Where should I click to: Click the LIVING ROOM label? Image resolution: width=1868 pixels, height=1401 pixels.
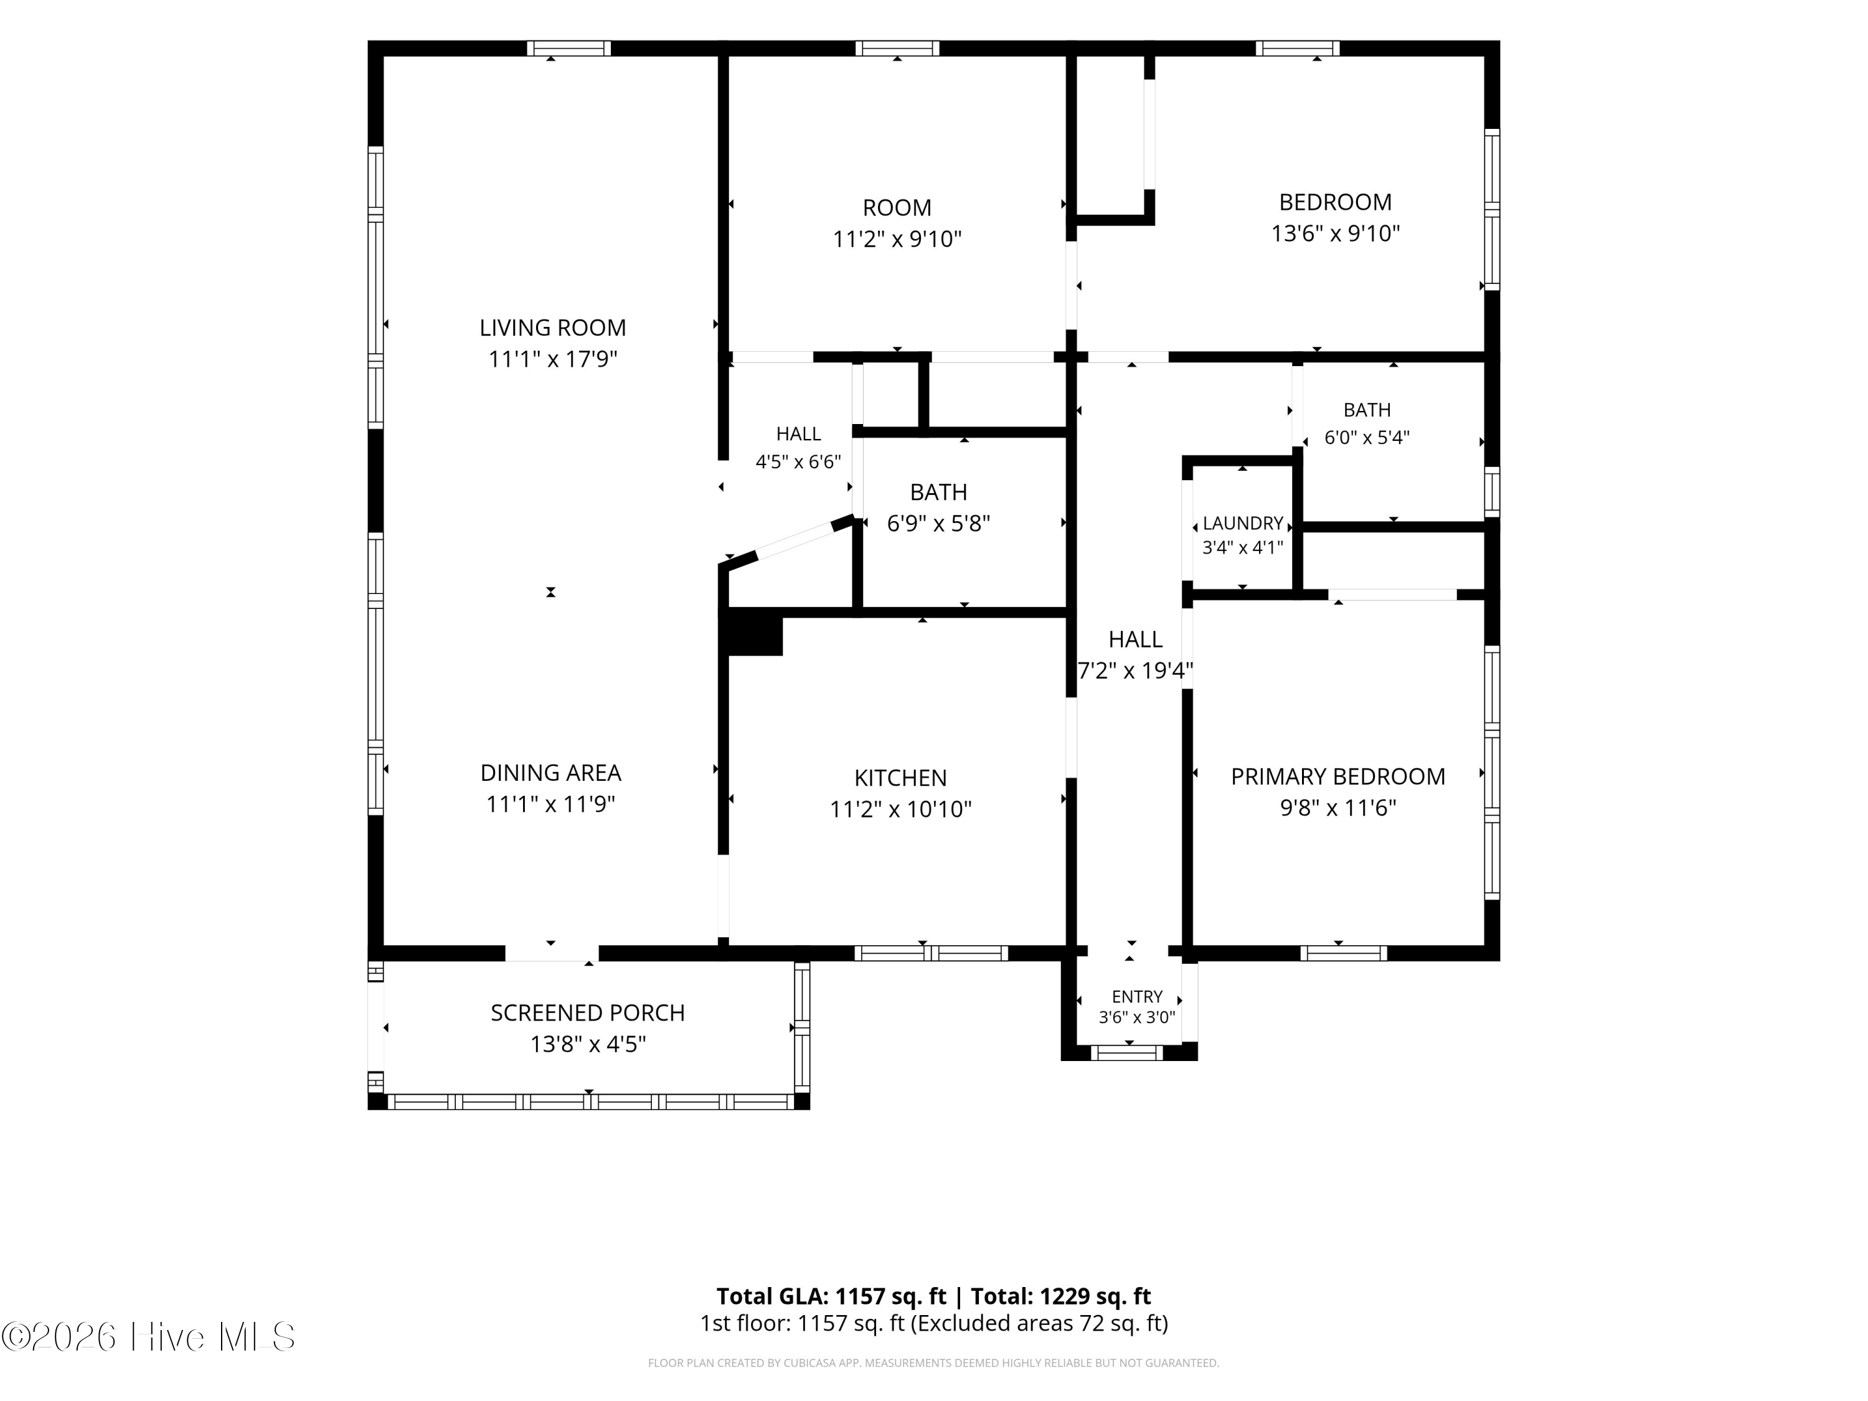click(x=552, y=328)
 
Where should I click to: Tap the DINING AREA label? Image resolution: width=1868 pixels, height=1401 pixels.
click(x=550, y=773)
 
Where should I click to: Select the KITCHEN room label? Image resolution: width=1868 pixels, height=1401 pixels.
click(x=900, y=778)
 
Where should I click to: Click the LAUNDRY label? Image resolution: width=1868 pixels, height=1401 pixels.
click(x=1243, y=524)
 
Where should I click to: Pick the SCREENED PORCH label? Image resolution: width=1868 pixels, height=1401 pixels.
click(x=588, y=1012)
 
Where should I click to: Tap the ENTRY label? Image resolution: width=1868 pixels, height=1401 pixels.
click(x=1136, y=996)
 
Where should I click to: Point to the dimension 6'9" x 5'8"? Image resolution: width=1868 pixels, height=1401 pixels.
click(x=938, y=524)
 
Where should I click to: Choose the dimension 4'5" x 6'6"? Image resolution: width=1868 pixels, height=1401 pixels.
click(x=798, y=462)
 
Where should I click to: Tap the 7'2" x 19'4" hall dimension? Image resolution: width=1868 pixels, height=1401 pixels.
click(x=1135, y=671)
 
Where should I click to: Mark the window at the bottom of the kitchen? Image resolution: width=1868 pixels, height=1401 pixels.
click(x=932, y=953)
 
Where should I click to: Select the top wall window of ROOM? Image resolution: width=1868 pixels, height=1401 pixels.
click(x=897, y=48)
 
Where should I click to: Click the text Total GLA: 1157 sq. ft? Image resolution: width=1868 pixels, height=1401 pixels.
click(x=831, y=1296)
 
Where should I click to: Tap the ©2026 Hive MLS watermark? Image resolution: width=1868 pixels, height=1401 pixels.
click(x=149, y=1337)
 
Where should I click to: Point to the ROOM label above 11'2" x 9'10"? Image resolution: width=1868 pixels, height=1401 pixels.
click(x=897, y=208)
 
